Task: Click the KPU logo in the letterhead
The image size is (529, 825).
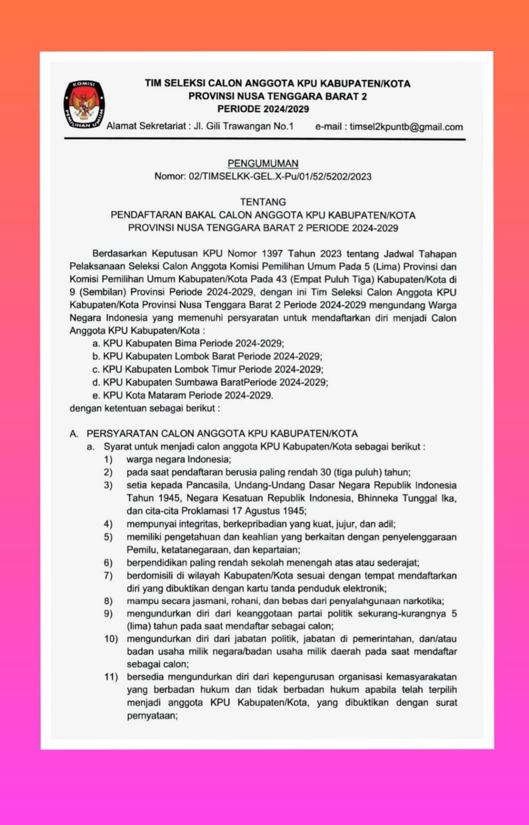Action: point(84,105)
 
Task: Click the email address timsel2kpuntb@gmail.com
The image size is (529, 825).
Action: point(406,127)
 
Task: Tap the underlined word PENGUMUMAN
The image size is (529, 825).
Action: point(263,163)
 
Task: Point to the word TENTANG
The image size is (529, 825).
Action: point(263,202)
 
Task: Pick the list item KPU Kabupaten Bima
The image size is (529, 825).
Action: point(188,343)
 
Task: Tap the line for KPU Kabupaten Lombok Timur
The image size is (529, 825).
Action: point(208,369)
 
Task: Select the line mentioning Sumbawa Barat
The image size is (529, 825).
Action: point(210,382)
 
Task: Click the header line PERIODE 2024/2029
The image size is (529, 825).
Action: point(263,109)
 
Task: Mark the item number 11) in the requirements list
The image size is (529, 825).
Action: point(111,676)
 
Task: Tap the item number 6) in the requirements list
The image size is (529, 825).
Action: point(108,563)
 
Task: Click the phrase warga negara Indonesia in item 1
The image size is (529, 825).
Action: point(178,459)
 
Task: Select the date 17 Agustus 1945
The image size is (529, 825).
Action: point(268,511)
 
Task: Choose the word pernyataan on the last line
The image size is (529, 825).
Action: point(152,716)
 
